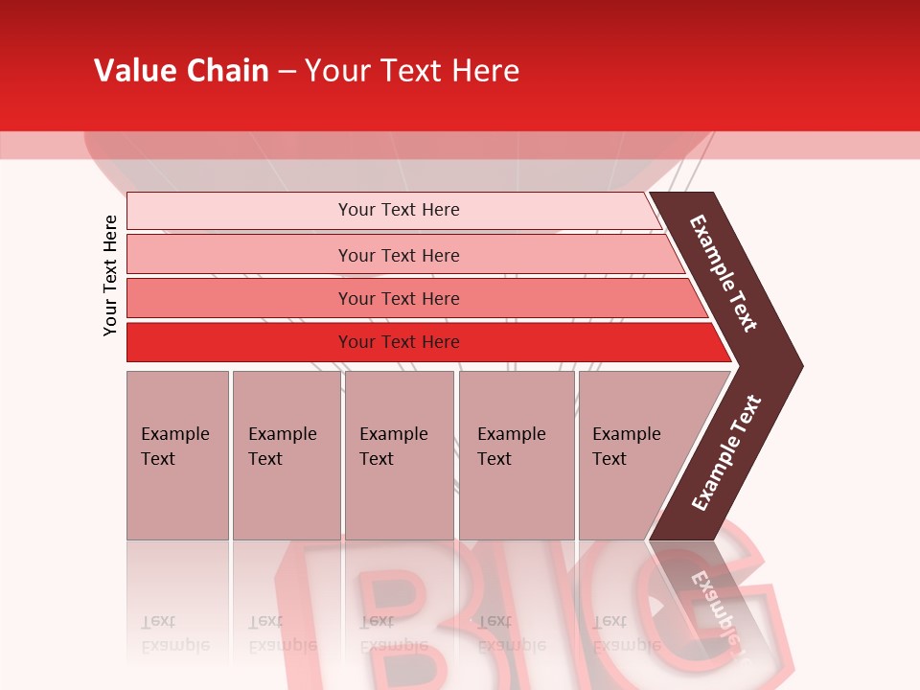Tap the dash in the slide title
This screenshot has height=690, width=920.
click(287, 72)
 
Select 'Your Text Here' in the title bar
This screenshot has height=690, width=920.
click(412, 71)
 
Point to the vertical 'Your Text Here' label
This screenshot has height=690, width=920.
click(110, 275)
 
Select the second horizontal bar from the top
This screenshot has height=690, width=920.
click(399, 255)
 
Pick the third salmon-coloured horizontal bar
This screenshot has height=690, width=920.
click(399, 298)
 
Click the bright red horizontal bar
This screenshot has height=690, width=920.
click(399, 342)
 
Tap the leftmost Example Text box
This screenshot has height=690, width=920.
click(177, 454)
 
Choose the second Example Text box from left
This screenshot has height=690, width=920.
click(286, 454)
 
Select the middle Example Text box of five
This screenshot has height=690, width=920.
click(399, 454)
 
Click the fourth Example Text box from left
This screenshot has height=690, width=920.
click(517, 454)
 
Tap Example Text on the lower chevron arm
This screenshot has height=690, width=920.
click(725, 453)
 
